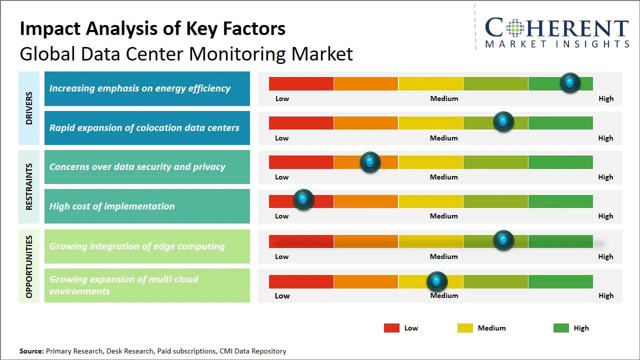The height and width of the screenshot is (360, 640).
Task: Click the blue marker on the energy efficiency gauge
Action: (x=570, y=82)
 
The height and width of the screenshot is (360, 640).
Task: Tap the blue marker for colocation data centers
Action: (x=503, y=122)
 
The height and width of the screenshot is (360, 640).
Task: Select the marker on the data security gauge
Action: (x=370, y=162)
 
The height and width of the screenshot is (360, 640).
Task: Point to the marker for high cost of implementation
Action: (x=303, y=199)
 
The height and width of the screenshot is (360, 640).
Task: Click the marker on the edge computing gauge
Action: (x=503, y=240)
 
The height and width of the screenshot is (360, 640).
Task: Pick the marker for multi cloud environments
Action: (x=437, y=282)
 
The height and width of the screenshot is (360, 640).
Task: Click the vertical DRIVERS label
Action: (x=29, y=108)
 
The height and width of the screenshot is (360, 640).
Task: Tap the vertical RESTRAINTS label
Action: (x=29, y=186)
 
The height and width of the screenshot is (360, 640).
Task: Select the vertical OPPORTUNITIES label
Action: (x=29, y=266)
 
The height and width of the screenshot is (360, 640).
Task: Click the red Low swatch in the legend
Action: (x=391, y=328)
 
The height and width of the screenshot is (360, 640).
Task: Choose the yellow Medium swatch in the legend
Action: (x=465, y=328)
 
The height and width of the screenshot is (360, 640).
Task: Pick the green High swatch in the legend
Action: (x=561, y=328)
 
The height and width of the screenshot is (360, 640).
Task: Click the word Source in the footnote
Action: (x=31, y=351)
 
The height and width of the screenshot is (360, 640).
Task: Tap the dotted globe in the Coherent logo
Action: (x=514, y=28)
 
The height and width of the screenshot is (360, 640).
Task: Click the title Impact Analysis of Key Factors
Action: (x=152, y=29)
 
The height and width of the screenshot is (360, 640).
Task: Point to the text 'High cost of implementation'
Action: (x=112, y=206)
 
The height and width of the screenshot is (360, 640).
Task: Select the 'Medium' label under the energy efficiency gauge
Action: (x=444, y=98)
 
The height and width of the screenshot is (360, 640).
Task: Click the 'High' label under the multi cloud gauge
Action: (x=605, y=295)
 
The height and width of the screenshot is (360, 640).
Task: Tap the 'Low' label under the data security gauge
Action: (x=282, y=177)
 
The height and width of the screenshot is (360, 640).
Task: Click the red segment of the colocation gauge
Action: (x=301, y=123)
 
